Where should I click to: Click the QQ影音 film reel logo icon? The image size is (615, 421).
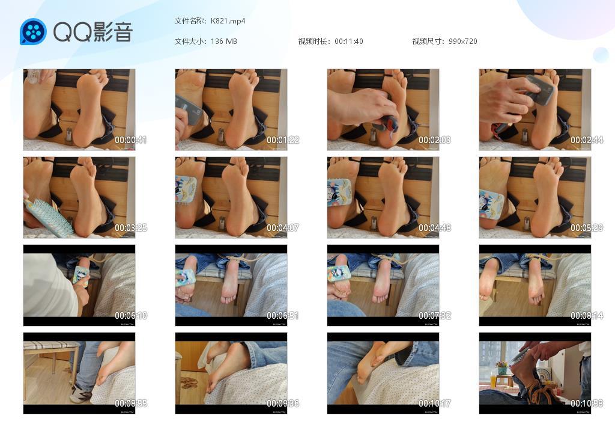click(33, 32)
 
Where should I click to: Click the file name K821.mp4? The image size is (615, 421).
click(228, 21)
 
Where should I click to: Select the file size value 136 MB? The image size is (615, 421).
click(223, 41)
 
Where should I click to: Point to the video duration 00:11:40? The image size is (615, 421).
click(348, 41)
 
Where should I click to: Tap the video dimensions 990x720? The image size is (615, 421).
click(462, 41)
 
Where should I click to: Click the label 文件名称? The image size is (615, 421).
click(190, 21)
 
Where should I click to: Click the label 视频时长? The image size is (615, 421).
click(314, 41)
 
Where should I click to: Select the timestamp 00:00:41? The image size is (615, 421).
click(130, 140)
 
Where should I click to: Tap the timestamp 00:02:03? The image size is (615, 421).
click(434, 140)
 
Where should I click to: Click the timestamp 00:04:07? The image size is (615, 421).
click(282, 228)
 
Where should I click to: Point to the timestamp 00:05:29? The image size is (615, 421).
click(586, 228)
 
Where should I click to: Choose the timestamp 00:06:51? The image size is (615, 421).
click(282, 316)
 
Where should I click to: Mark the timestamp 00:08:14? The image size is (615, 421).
click(586, 316)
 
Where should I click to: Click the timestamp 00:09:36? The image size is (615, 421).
click(282, 404)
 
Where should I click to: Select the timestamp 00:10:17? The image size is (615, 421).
click(434, 404)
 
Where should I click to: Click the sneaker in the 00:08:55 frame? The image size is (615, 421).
click(80, 394)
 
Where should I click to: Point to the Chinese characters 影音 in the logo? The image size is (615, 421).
click(112, 32)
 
